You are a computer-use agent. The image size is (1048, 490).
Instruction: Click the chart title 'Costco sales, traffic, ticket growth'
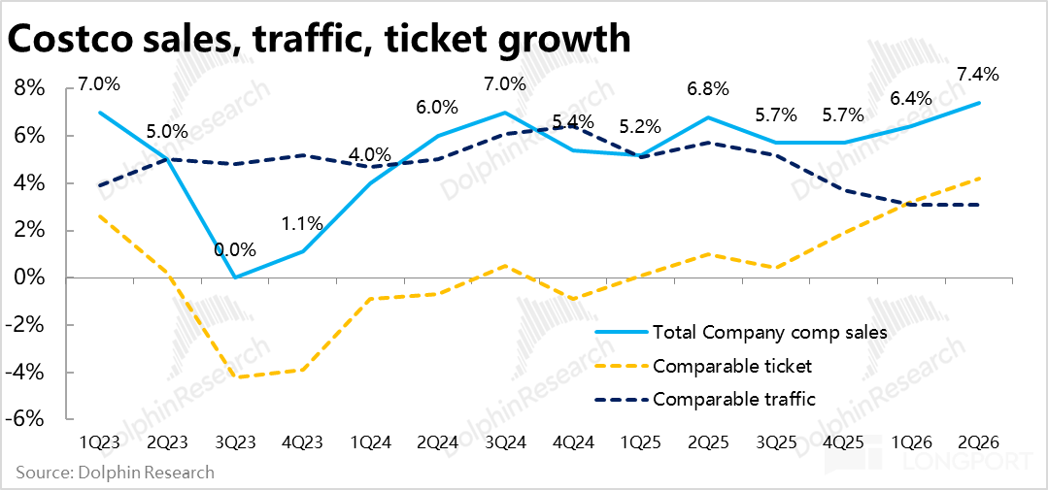[x=319, y=40]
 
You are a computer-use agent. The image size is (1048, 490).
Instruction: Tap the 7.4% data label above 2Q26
[x=977, y=74]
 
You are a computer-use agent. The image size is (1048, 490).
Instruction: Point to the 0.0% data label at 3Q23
[x=235, y=250]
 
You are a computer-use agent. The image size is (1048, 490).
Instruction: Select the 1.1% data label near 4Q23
[x=302, y=223]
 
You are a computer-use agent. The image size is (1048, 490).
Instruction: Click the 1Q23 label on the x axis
[x=100, y=444]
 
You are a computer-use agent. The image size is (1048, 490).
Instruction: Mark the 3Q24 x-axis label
[x=505, y=444]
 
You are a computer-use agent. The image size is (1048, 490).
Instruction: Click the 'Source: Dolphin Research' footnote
[x=116, y=473]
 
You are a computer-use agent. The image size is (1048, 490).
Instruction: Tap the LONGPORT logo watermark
[x=929, y=461]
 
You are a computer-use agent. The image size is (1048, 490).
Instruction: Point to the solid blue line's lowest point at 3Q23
[x=235, y=278]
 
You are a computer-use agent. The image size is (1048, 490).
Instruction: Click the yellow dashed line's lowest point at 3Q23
[x=235, y=377]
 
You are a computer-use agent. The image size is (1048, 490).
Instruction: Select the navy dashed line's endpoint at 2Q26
[x=980, y=205]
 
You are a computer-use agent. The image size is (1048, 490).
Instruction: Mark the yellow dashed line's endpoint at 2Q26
[x=980, y=178]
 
